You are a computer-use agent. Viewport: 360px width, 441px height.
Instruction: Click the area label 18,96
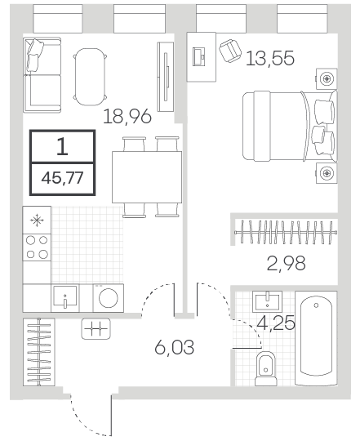point(127,117)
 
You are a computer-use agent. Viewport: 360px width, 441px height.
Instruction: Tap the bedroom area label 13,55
point(270,58)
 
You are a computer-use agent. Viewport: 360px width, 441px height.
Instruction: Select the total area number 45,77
point(62,178)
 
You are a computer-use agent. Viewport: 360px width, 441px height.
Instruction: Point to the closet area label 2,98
point(286,263)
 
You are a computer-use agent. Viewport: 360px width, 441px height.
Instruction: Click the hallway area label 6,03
point(174,347)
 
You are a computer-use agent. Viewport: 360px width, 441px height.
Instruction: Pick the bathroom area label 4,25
point(276,323)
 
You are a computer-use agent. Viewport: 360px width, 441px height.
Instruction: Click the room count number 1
point(62,147)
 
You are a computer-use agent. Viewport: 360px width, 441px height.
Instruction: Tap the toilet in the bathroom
point(266,368)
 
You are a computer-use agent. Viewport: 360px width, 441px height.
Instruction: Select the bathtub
point(316,338)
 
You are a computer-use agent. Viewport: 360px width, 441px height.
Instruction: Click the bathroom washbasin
point(267,301)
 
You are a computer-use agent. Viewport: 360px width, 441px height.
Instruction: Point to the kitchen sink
point(65,298)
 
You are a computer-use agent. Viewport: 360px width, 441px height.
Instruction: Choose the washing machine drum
point(109,298)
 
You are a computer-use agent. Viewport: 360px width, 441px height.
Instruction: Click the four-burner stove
point(37,247)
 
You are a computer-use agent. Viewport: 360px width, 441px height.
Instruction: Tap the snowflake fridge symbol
point(37,220)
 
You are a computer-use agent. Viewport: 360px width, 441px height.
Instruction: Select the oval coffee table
point(90,77)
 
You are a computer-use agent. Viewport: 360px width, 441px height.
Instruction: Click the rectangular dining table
point(147,177)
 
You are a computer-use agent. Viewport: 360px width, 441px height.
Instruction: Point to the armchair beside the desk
point(230,51)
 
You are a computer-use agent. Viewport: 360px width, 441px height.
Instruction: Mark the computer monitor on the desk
point(199,57)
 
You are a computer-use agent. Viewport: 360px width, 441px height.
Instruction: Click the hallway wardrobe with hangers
point(39,352)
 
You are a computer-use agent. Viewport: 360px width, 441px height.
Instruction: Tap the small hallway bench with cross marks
point(96,329)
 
